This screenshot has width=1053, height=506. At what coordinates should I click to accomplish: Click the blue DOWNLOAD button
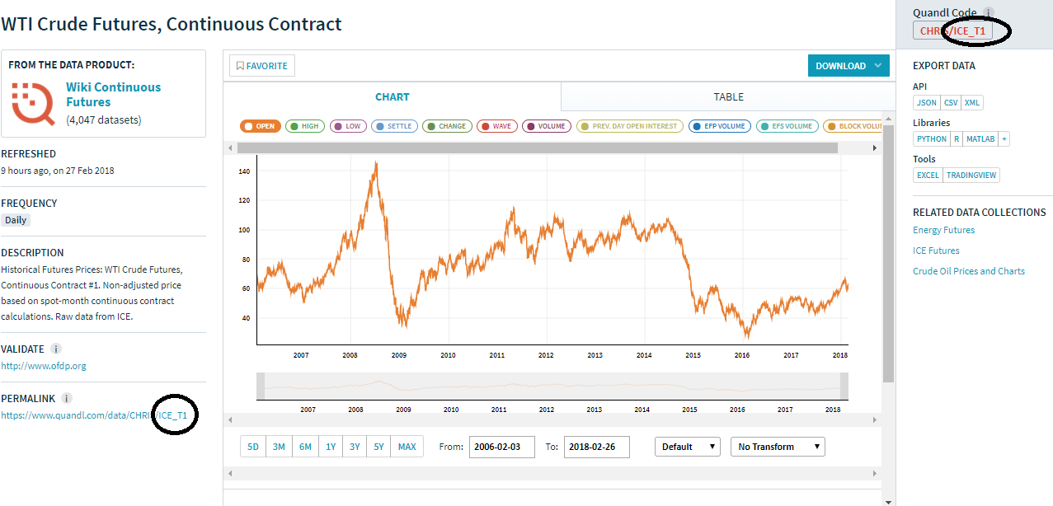pos(848,66)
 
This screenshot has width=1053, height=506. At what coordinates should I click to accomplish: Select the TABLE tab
pos(728,96)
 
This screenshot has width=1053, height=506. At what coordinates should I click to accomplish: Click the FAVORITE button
pos(262,66)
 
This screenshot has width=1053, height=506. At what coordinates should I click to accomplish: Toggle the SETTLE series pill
pos(394,126)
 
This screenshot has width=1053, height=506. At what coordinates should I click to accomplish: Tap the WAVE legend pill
pos(496,126)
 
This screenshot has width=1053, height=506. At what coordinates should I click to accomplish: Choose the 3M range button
pos(279,447)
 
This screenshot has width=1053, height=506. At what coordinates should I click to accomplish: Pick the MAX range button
pos(407,447)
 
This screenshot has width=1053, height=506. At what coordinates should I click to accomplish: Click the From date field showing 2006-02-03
pos(501,447)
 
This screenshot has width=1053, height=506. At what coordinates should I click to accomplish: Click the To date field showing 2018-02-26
pos(596,447)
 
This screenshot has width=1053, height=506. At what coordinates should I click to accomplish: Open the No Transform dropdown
pos(778,447)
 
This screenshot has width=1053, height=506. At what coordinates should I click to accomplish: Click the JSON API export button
pos(927,103)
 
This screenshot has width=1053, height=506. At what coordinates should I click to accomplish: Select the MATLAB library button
pos(980,139)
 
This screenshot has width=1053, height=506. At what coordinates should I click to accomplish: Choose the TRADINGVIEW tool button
pos(971,176)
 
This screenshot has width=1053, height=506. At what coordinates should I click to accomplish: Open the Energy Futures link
pos(943,230)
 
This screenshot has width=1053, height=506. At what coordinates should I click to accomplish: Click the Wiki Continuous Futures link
pos(113,94)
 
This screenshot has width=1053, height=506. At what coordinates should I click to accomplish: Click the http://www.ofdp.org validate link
pos(44,366)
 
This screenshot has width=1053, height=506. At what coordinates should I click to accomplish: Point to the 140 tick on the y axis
pos(244,171)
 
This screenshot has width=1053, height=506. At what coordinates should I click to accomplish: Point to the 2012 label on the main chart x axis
pos(546,355)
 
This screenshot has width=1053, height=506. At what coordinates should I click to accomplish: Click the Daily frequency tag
pos(16,220)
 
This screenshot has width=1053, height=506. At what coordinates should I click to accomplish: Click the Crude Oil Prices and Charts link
pos(969,271)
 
